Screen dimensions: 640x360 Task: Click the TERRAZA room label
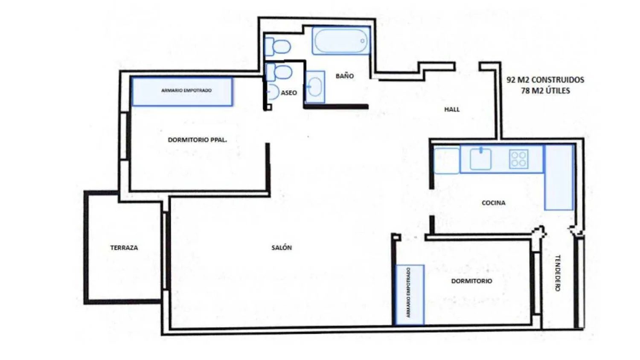124,248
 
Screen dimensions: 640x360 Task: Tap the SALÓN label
282,248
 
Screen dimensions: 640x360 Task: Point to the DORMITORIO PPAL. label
198,140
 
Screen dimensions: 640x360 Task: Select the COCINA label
493,203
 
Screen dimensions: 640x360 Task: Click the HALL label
452,110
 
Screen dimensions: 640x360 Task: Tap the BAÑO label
345,76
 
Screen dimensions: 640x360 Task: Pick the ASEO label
289,93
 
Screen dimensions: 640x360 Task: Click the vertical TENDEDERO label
557,273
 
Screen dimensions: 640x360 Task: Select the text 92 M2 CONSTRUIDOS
545,80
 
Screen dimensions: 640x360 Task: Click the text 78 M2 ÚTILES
545,91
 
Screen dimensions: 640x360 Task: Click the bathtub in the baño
341,41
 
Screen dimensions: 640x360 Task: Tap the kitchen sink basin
480,159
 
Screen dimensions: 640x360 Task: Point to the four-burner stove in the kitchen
518,159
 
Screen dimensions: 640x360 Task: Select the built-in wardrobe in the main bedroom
182,92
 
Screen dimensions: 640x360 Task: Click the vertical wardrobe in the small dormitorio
410,295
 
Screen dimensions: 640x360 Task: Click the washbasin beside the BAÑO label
315,87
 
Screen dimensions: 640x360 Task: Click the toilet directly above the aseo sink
279,72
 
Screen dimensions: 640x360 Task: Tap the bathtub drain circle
362,41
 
